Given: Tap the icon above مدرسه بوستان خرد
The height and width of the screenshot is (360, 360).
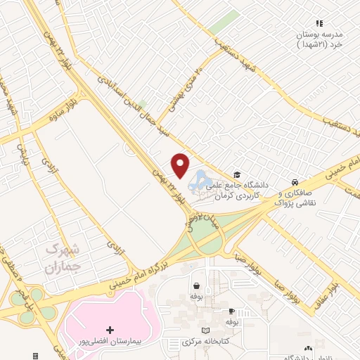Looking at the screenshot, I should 320,23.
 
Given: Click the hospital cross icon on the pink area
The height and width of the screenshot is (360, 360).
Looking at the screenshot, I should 109,330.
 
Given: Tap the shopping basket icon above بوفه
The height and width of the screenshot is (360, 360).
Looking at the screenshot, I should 196,286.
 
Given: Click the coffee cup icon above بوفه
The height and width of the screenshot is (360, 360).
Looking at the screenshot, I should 231,311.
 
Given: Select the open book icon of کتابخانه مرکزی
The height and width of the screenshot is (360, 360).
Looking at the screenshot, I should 205,330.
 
